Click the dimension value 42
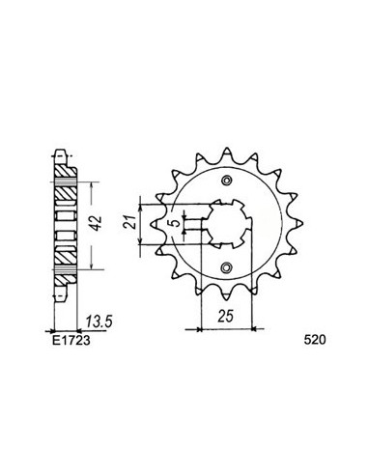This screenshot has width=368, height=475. point(97,222)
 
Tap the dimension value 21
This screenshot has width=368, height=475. point(128,221)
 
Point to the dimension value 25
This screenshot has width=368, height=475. point(225,317)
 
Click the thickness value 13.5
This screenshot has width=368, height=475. point(99,321)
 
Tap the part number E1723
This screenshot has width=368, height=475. point(71,340)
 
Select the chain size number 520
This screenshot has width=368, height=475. point(315,340)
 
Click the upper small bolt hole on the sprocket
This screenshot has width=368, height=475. point(227,181)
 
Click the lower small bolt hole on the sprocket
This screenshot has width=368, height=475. point(227,266)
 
